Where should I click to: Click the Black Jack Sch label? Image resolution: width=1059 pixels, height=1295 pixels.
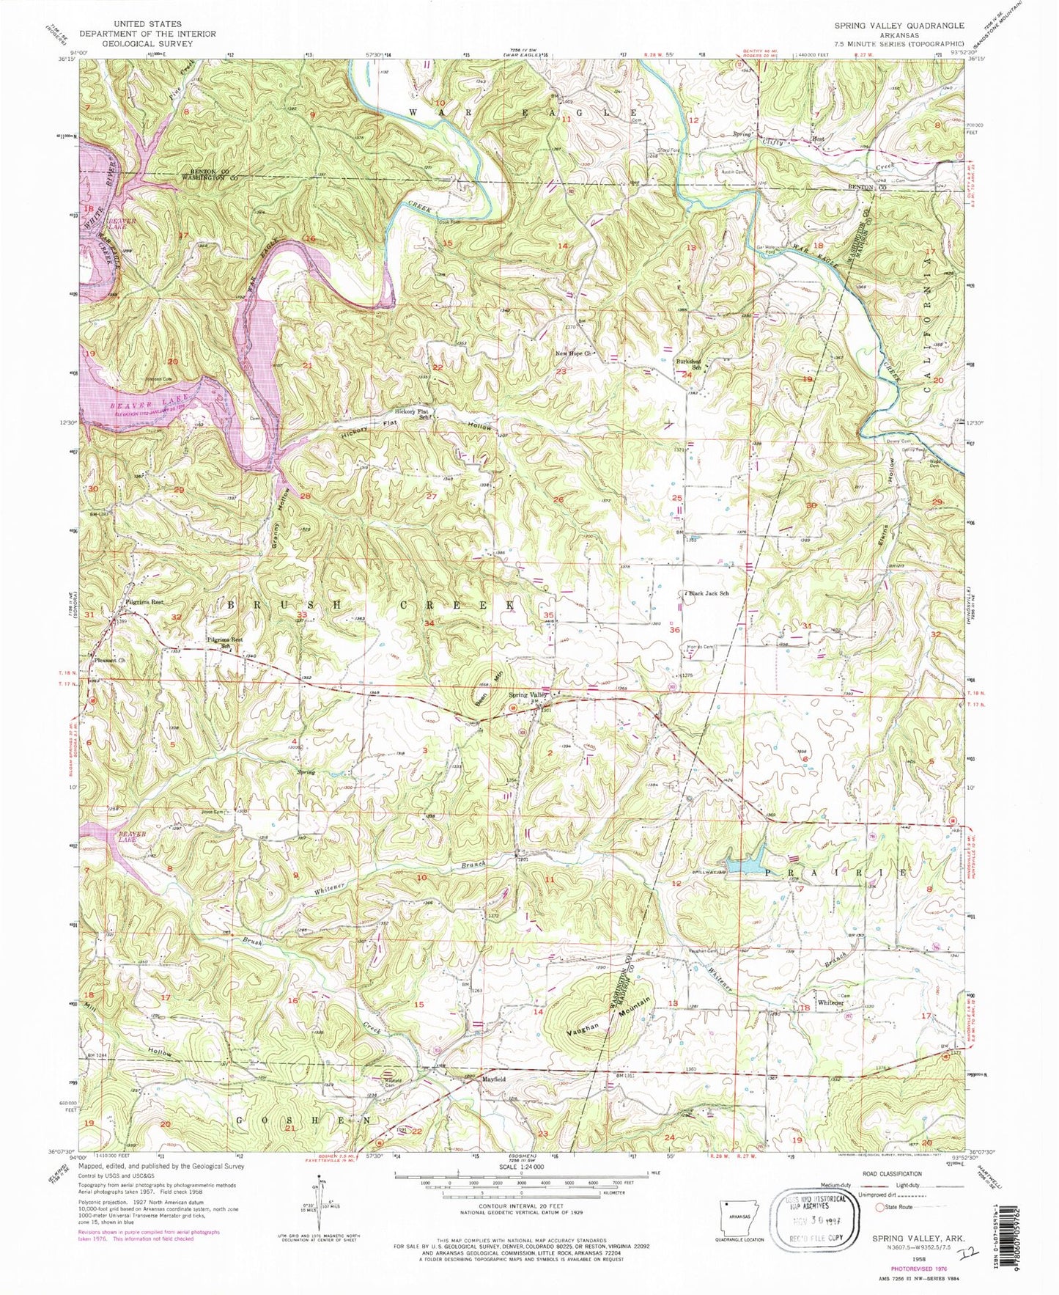(709, 593)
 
